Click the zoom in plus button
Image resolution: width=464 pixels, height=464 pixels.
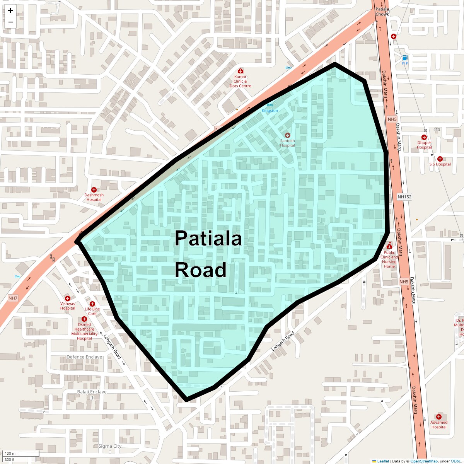click(x=10, y=10)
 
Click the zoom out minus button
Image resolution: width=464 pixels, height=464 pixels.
click(x=10, y=22)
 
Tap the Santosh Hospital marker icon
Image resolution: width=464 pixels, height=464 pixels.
click(x=287, y=135)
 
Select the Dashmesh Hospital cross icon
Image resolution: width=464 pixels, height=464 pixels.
click(x=94, y=190)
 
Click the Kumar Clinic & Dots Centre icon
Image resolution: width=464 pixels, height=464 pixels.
click(x=241, y=71)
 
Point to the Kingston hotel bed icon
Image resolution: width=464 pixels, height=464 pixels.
click(x=270, y=105)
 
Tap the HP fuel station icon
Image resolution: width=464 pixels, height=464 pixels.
click(x=405, y=57)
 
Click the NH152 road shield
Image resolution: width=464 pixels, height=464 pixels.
click(x=404, y=197)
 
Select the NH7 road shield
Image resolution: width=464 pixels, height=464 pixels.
click(x=13, y=298)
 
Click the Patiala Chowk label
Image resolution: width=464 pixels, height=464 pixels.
click(x=382, y=12)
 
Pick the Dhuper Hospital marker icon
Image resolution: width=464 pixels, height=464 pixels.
click(x=424, y=137)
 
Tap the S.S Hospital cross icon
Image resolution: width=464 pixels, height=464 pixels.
click(x=440, y=159)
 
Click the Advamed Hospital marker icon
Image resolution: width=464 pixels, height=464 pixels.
click(x=438, y=417)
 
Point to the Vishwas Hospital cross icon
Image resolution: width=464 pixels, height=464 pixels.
click(x=68, y=299)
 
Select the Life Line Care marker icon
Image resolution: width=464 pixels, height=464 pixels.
click(x=92, y=304)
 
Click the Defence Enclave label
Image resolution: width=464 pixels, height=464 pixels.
click(x=84, y=357)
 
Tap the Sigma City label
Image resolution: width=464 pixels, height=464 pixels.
click(x=110, y=446)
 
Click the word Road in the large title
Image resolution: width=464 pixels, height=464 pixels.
click(x=200, y=270)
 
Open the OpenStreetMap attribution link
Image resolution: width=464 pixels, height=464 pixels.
click(x=424, y=461)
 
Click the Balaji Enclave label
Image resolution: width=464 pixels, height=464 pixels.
click(x=92, y=392)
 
